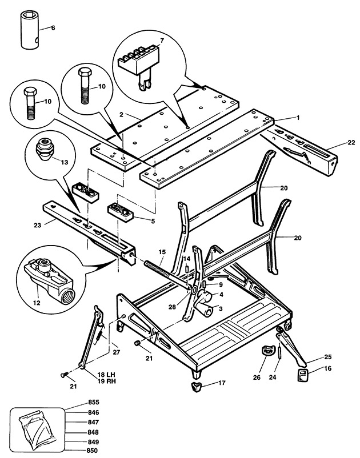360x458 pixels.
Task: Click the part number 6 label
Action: [53, 27]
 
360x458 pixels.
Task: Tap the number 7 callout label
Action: [162, 41]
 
